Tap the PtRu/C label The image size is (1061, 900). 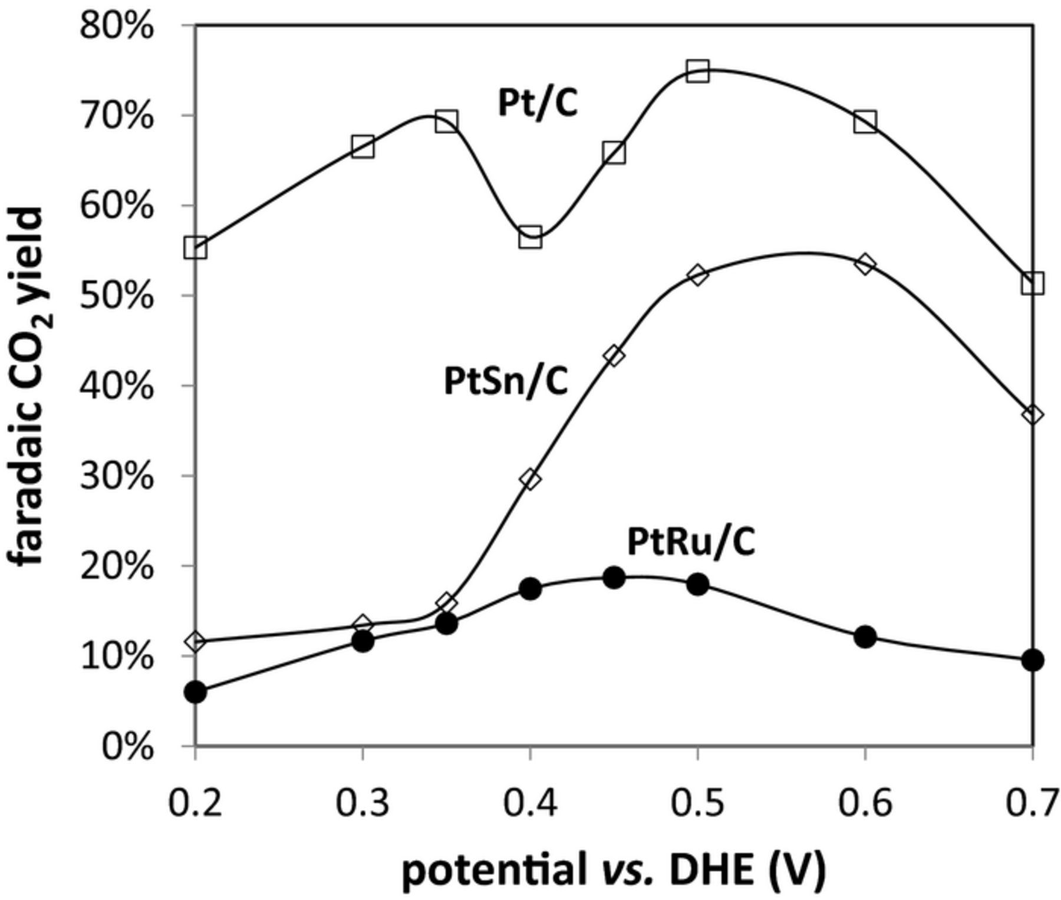pyautogui.click(x=691, y=542)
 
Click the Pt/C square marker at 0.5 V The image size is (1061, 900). pyautogui.click(x=697, y=71)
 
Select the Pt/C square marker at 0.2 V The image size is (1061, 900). pyautogui.click(x=196, y=248)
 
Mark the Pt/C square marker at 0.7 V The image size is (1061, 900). pyautogui.click(x=1033, y=283)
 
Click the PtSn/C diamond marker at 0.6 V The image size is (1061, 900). pyautogui.click(x=865, y=263)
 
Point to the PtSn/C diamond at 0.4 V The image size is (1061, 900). pyautogui.click(x=530, y=479)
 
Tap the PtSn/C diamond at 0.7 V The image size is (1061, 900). pyautogui.click(x=1033, y=414)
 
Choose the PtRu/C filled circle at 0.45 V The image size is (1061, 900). pyautogui.click(x=614, y=578)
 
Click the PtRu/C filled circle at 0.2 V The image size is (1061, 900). pyautogui.click(x=196, y=692)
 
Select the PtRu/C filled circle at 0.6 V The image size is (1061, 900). pyautogui.click(x=865, y=637)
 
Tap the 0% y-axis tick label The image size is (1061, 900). pyautogui.click(x=127, y=747)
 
